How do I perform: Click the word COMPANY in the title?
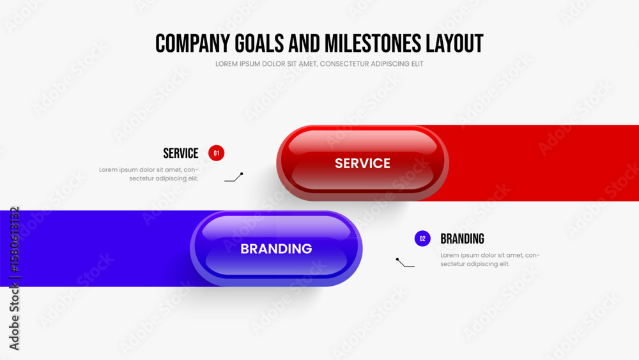coord(193,43)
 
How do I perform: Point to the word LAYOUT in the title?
coord(454,43)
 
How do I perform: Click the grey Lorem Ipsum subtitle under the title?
coord(319,64)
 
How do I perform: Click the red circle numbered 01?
coord(217,153)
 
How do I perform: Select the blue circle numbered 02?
coord(422,239)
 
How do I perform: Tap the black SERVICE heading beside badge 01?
coord(181,153)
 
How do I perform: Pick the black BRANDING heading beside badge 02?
coord(462,239)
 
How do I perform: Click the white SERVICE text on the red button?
coord(363,164)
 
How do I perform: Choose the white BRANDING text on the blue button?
coord(276,249)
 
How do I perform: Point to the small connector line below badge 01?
coord(233,178)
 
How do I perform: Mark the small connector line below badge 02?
coord(405,263)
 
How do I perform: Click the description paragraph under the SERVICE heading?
coord(149,174)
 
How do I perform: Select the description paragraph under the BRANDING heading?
coord(490,260)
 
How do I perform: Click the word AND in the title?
coord(304,43)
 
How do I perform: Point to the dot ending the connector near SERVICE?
coord(242,174)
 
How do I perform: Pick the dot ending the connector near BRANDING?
coord(397,260)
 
